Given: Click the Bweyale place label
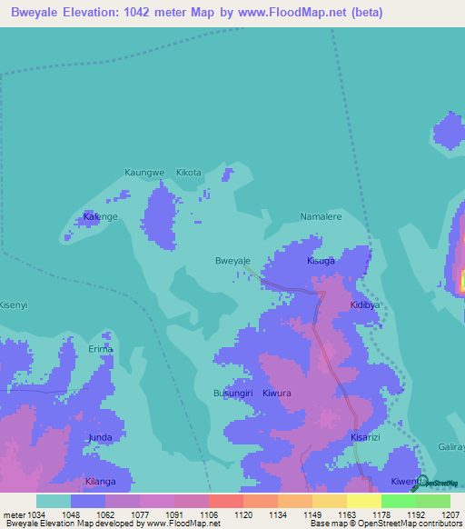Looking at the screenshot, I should pos(232,261).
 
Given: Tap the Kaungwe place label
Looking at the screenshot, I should pos(144,172).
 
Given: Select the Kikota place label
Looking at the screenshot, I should pos(189,172).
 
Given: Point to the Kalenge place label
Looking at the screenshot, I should pos(101,217).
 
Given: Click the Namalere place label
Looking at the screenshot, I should pos(321,217).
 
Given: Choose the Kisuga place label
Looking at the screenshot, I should pos(321,261).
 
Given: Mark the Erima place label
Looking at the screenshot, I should pos(100,349).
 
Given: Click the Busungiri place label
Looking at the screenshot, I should pos(232,393).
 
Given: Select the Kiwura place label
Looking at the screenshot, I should pos(276,393).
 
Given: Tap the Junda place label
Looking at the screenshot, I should pos(100,437).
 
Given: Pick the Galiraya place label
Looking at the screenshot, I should pos(450,437).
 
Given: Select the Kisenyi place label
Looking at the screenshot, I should pos(14,304).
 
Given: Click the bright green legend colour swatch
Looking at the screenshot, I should pos(398,501).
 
